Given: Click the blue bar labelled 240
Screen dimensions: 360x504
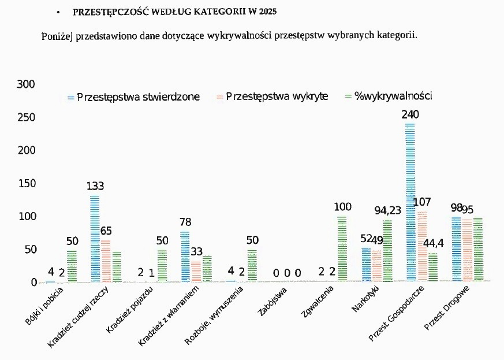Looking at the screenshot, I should point(410,202).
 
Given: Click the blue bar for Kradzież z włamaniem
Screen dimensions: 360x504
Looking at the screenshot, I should point(185,257).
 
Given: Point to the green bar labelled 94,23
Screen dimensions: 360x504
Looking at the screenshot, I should point(387,251).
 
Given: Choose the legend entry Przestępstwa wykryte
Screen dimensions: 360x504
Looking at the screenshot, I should point(277,97).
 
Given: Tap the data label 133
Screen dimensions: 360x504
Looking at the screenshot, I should point(95,187).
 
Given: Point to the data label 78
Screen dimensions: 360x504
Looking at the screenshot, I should point(185,222).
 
